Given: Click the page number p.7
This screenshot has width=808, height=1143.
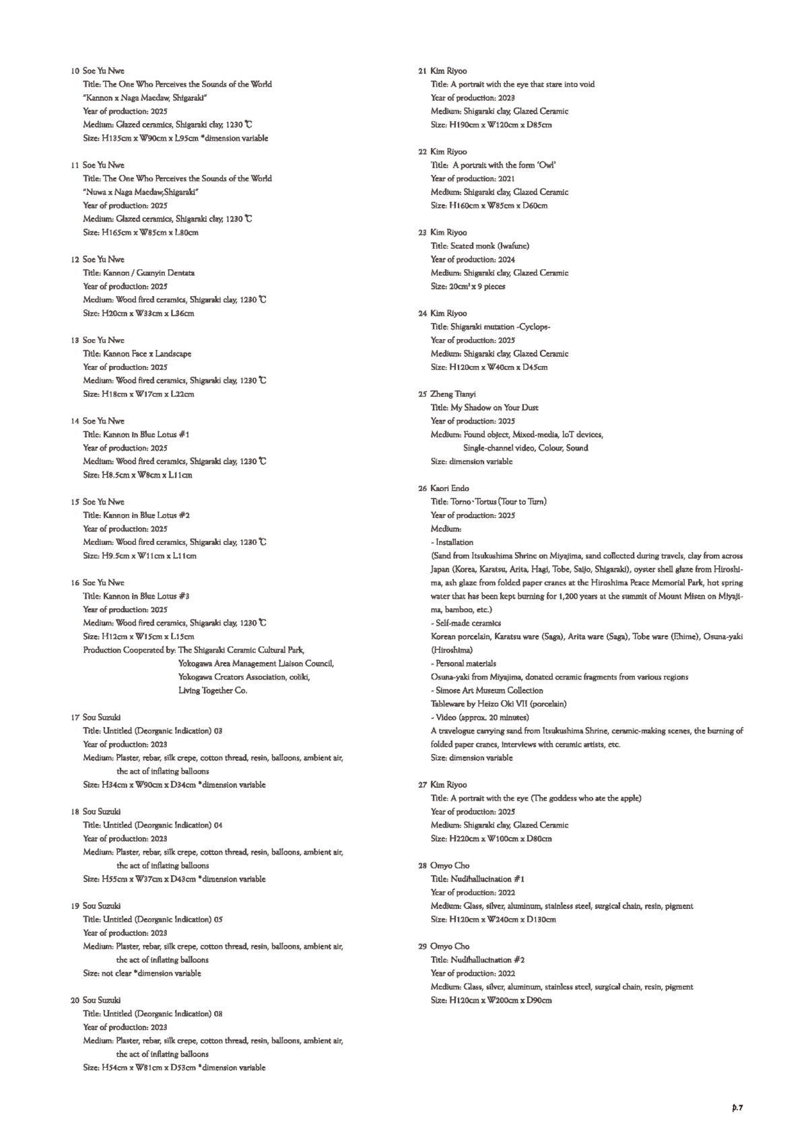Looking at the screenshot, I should pyautogui.click(x=737, y=1107).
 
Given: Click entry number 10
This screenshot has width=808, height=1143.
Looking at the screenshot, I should pyautogui.click(x=74, y=71).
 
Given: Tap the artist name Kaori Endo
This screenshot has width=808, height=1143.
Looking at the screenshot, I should pyautogui.click(x=449, y=488).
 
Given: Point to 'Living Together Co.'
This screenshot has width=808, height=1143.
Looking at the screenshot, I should pyautogui.click(x=213, y=691).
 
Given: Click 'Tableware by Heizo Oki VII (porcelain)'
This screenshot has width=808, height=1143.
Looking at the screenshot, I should pyautogui.click(x=498, y=704).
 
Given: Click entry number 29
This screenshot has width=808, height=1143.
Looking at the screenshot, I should pyautogui.click(x=422, y=947).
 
